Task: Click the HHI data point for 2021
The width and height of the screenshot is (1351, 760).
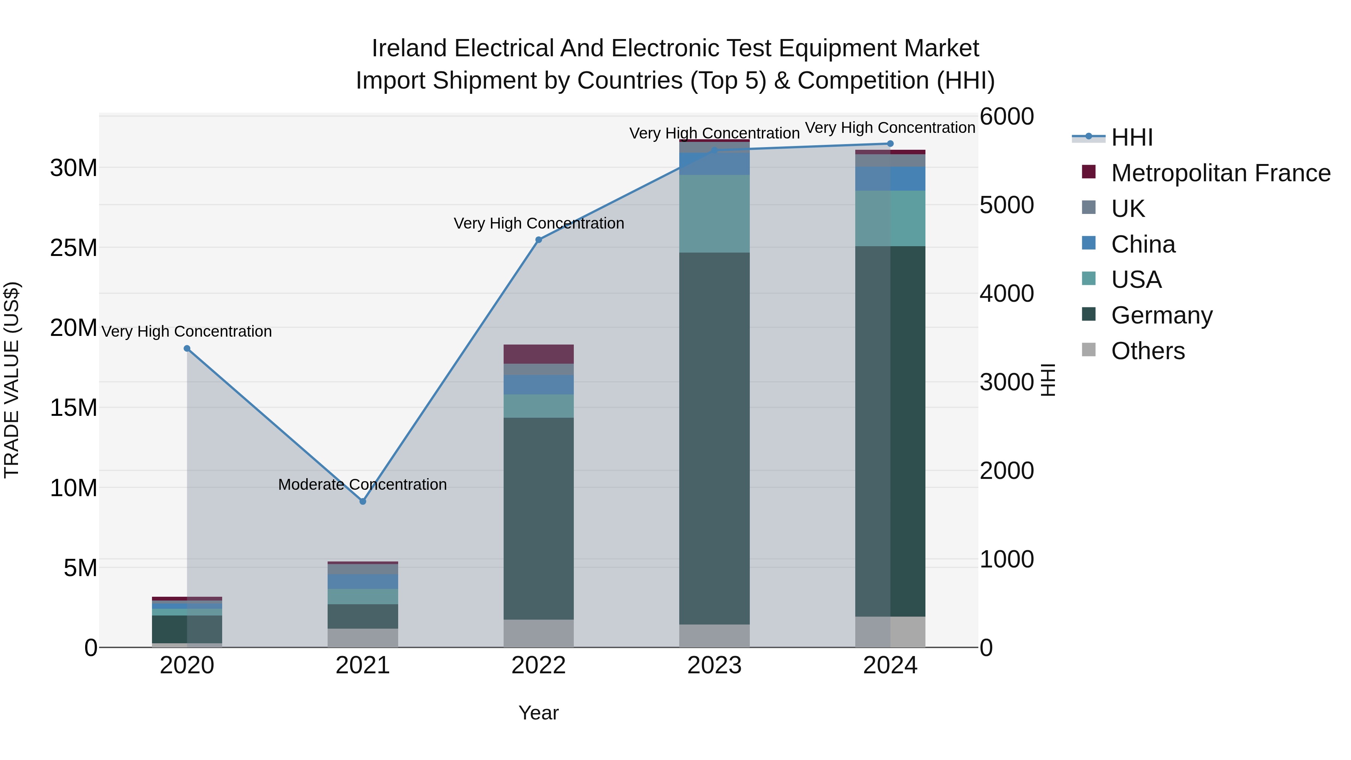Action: (x=363, y=501)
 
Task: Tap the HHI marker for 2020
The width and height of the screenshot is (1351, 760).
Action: (x=187, y=349)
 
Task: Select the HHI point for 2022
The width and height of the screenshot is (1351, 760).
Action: (x=538, y=240)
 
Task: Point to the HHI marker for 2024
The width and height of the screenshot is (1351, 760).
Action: (x=890, y=144)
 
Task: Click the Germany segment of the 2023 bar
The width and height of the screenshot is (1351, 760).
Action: (x=714, y=438)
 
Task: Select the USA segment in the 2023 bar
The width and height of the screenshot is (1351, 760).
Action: (x=714, y=214)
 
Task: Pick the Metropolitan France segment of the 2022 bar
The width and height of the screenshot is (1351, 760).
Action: (x=538, y=354)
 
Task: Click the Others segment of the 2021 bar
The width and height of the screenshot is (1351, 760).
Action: (x=363, y=637)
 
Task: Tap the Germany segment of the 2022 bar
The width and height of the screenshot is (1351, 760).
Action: (x=538, y=518)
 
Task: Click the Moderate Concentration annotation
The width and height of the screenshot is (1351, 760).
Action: (x=363, y=485)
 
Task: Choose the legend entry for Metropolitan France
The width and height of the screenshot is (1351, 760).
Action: (x=1220, y=173)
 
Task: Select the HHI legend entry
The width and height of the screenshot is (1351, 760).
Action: (x=1132, y=137)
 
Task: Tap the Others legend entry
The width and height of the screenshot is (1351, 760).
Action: (x=1148, y=351)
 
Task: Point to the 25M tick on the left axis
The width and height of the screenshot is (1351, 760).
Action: (x=74, y=248)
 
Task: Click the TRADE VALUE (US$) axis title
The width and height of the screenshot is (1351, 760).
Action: (x=12, y=380)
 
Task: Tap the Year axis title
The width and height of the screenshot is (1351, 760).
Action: (x=538, y=713)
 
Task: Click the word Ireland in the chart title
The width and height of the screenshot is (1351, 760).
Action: (x=409, y=48)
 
